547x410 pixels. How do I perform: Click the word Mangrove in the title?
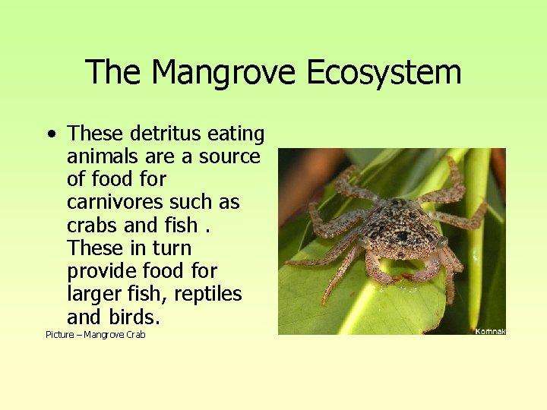click(x=223, y=73)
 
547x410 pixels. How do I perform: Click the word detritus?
click(x=162, y=134)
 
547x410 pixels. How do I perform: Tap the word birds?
click(x=130, y=317)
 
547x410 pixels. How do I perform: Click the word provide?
click(x=103, y=271)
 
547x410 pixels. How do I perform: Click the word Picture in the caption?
click(x=60, y=335)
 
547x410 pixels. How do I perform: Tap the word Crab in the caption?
click(x=134, y=335)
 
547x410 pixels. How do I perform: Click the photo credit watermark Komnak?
click(x=490, y=331)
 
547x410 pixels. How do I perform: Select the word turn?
click(x=173, y=248)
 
